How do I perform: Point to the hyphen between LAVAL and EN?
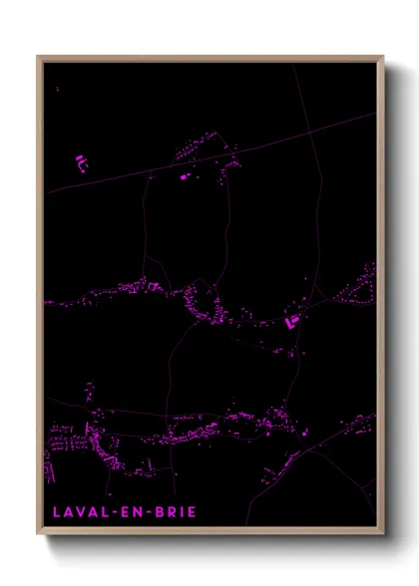click(x=111, y=512)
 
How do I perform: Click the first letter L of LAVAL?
click(x=56, y=512)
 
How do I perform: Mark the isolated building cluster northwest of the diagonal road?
click(x=80, y=161)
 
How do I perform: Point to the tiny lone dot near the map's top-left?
click(x=57, y=89)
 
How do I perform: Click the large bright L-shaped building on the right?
click(x=293, y=321)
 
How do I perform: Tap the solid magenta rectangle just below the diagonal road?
click(x=184, y=176)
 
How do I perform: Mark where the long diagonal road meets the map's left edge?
click(x=45, y=193)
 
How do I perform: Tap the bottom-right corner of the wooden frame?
click(x=383, y=534)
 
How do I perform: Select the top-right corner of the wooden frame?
click(x=383, y=57)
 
